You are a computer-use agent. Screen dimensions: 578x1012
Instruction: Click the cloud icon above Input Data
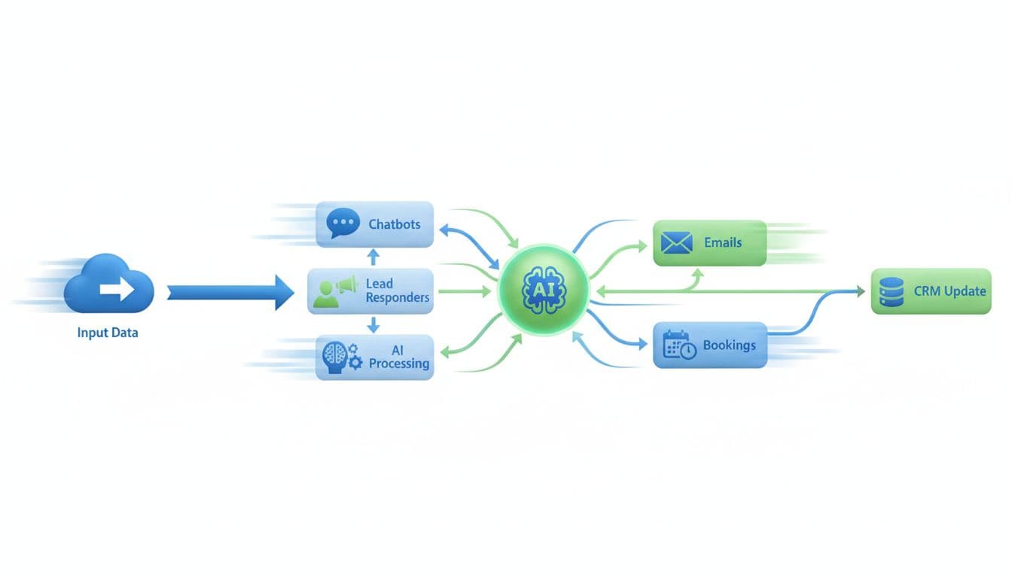coord(109,284)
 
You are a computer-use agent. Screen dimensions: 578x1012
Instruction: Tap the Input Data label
coord(108,332)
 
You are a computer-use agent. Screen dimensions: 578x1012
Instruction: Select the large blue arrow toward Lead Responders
coord(230,291)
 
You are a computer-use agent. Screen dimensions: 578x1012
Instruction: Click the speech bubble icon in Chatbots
coord(343,224)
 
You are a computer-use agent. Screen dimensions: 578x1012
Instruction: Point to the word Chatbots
coord(395,224)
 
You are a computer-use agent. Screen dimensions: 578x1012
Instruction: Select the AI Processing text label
coord(399,357)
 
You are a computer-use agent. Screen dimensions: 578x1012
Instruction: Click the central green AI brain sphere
coord(543,289)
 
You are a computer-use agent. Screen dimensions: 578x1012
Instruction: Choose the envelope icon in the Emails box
coord(675,243)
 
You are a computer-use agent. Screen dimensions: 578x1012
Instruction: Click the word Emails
coord(723,243)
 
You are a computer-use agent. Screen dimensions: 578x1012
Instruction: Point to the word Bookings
coord(729,345)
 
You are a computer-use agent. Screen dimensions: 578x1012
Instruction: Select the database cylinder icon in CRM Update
coord(892,291)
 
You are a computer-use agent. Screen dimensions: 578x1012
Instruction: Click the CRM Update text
coord(950,291)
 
